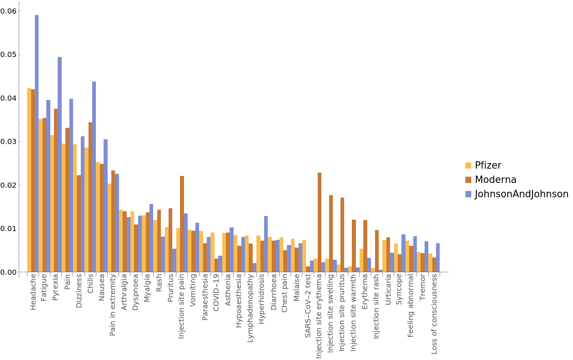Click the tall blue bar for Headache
tap(37, 143)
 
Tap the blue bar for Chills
tap(94, 177)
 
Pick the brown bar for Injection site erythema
tap(320, 222)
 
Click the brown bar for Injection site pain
tap(182, 224)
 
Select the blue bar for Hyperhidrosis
tap(266, 244)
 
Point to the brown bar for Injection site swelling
tap(331, 233)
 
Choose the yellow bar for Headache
tap(29, 180)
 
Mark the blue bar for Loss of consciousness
tap(438, 258)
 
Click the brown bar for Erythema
tap(365, 246)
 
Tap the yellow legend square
tap(468, 165)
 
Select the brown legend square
tap(468, 180)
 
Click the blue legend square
tap(468, 194)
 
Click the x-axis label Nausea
tap(102, 288)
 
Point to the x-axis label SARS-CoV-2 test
tap(308, 306)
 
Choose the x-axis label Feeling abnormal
tap(411, 306)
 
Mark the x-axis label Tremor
tap(422, 287)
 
